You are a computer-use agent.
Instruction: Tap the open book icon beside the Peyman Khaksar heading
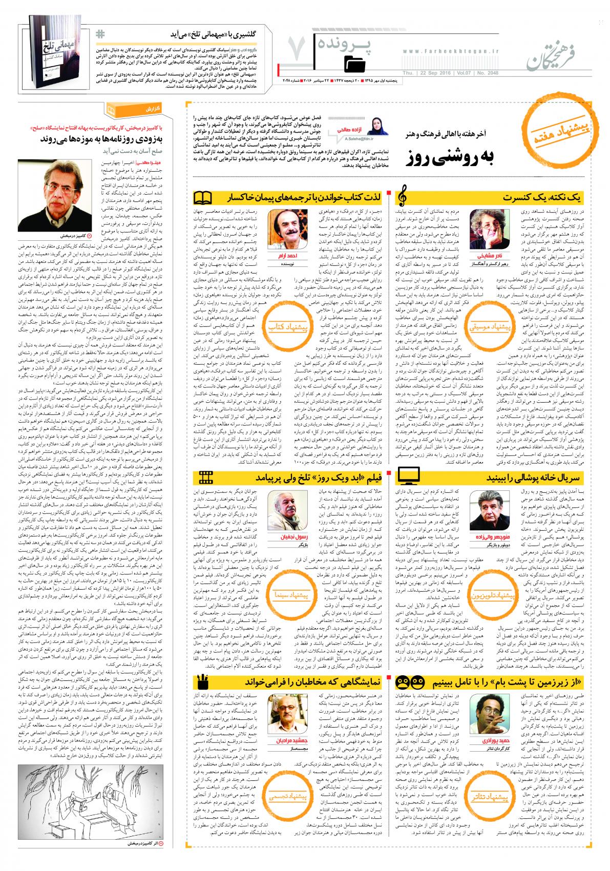tap(203, 197)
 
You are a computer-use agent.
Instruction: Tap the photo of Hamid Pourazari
tap(485, 714)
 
